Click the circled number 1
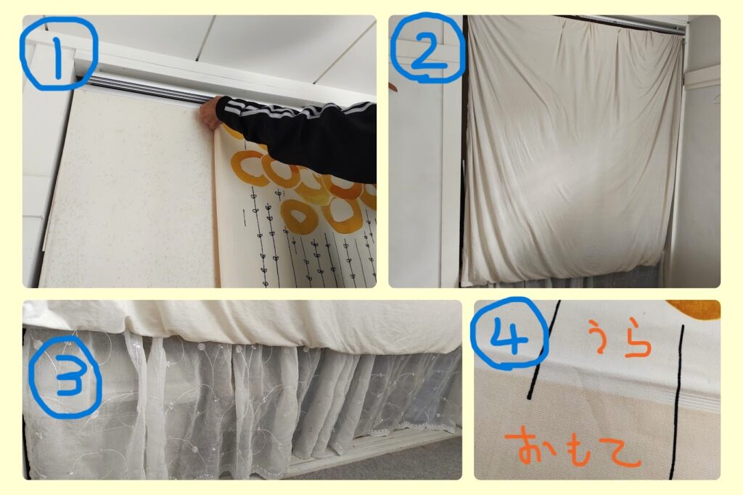(x=58, y=53)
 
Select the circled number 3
(x=65, y=377)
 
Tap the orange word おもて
(x=573, y=446)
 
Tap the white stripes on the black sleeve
(x=294, y=112)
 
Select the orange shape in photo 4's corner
(x=694, y=308)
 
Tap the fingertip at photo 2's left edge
(x=393, y=87)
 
